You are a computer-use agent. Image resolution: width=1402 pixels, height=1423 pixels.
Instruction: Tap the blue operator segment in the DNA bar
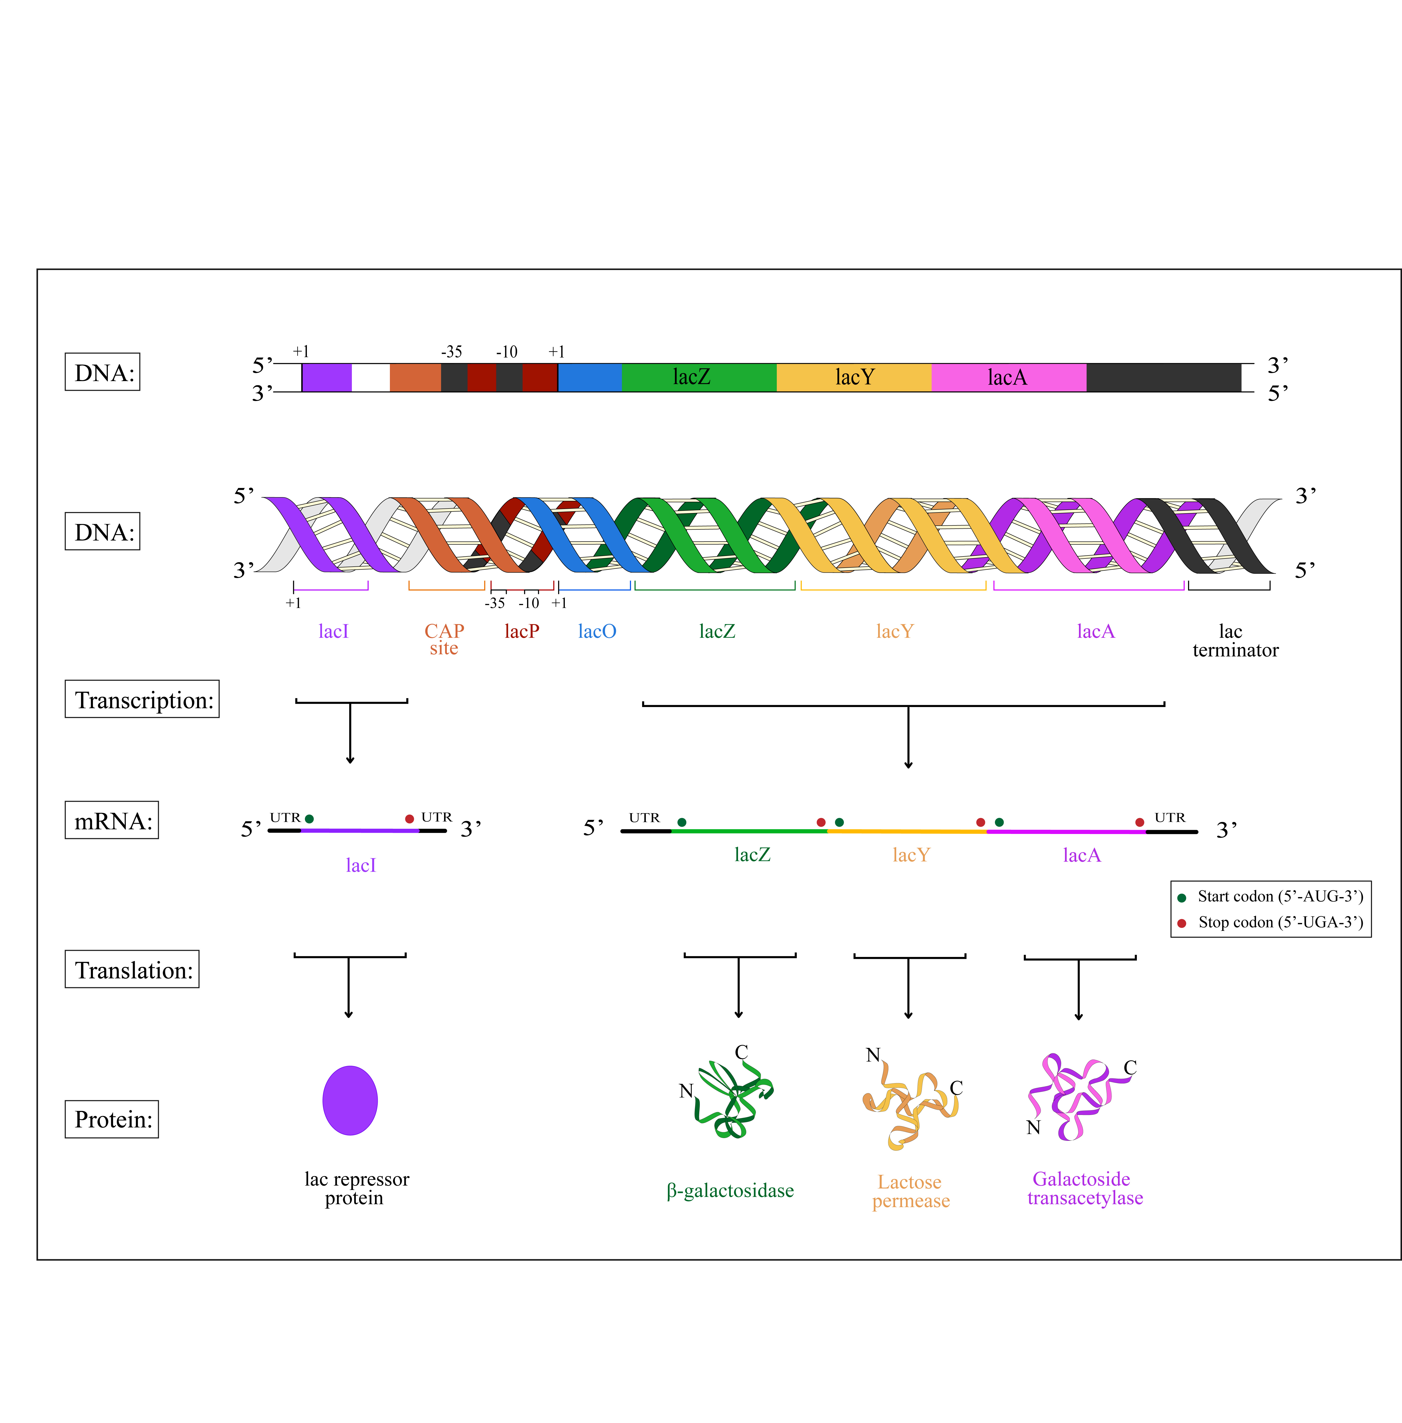pos(589,377)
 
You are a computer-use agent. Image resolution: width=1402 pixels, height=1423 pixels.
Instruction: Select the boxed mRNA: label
pos(112,820)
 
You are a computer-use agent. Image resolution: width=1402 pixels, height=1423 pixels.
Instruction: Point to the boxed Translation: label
pos(132,970)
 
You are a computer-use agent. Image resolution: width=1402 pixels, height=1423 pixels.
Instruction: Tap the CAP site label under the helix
pos(444,639)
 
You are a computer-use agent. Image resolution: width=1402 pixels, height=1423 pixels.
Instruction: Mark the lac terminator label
pos(1235,640)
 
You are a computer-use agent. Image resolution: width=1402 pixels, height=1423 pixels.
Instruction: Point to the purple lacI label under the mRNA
pos(361,865)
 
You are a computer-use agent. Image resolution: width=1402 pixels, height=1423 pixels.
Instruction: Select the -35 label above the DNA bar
pos(451,352)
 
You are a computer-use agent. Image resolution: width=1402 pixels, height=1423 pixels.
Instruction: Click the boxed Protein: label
pos(112,1119)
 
